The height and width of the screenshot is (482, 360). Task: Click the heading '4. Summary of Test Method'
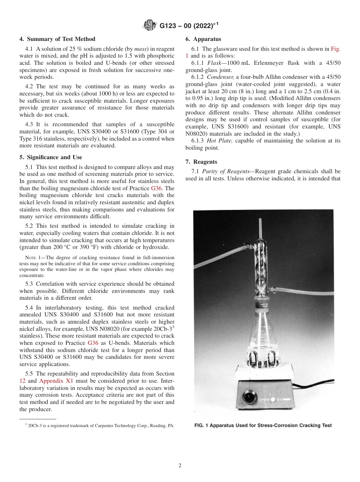tap(57, 39)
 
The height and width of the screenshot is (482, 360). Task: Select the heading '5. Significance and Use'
tap(51, 157)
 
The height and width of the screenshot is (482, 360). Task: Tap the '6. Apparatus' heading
tap(203, 39)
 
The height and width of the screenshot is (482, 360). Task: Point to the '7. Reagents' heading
tap(201, 162)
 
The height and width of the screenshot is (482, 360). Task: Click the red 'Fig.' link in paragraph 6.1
tap(336, 49)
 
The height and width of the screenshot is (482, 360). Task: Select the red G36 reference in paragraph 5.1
tap(157, 188)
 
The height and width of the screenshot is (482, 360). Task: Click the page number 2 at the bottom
tap(180, 466)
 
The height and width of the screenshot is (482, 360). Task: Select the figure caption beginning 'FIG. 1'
tap(263, 426)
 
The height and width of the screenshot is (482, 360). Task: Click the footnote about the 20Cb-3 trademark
tap(100, 426)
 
